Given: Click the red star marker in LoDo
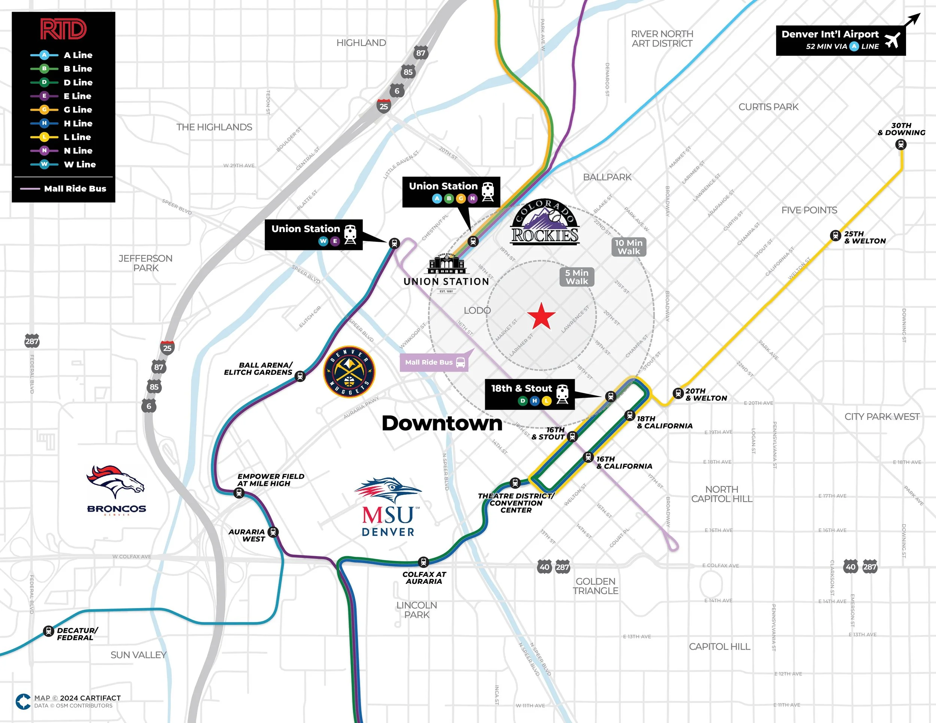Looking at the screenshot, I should click(x=541, y=316).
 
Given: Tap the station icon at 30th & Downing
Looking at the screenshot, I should click(x=901, y=144).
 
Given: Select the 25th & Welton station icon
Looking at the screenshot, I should click(x=835, y=235).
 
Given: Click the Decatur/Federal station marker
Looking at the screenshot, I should click(x=49, y=631).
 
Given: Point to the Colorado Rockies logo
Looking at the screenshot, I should click(x=545, y=223).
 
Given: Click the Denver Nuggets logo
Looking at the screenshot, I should click(x=349, y=371).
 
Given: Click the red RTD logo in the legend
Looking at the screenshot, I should click(x=63, y=29).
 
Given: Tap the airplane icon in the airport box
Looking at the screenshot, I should click(x=892, y=40).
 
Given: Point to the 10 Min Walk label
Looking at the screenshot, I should click(x=628, y=247).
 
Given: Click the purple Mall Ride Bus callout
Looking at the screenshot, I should click(x=434, y=362).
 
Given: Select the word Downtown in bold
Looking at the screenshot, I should click(x=442, y=423).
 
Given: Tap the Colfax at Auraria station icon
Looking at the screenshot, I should click(x=423, y=562).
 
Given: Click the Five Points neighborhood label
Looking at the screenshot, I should click(x=809, y=210).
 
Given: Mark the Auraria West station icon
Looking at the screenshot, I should click(x=273, y=532).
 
